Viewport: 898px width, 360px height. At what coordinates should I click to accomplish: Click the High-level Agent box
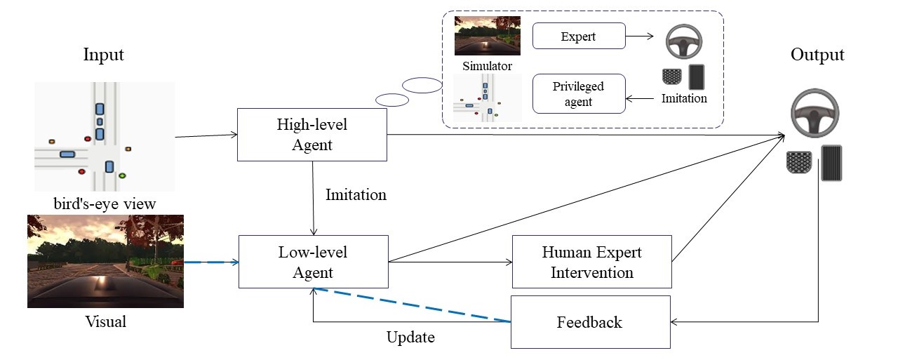312,135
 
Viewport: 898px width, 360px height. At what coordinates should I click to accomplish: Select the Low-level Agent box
313,261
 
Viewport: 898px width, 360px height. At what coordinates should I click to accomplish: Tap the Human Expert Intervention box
591,261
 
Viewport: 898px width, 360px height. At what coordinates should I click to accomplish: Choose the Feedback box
589,322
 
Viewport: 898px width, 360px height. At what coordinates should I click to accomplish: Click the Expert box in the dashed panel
578,36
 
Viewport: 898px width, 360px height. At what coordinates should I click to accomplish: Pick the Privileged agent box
578,93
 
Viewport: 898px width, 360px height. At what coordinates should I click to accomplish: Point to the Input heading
103,55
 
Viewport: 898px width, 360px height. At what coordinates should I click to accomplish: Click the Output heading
817,55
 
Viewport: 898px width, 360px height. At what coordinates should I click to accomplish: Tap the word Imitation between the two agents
356,194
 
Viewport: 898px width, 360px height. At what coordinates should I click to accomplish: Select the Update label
410,338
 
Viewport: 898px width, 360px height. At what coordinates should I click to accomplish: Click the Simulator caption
487,66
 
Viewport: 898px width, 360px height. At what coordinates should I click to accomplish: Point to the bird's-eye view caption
105,204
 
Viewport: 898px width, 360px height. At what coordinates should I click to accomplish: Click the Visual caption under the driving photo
105,322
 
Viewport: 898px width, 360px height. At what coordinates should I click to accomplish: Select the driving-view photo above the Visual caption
105,261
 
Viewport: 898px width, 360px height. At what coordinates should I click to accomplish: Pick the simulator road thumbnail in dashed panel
487,36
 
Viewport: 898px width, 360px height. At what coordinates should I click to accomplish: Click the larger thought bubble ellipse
422,86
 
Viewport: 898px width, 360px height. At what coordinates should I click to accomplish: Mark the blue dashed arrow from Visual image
210,262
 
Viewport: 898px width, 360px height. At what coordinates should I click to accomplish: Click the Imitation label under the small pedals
684,98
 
